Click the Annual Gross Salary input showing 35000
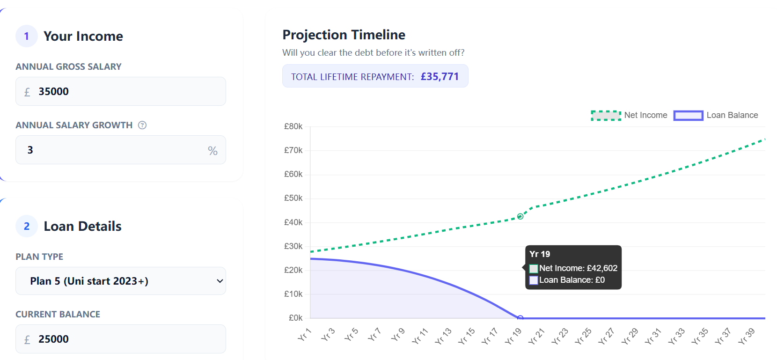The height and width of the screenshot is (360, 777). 121,91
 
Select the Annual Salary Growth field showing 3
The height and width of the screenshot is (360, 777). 112,150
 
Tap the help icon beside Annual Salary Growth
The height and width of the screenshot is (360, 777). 142,125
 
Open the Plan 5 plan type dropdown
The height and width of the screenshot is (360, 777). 121,281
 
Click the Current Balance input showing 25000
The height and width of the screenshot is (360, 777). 121,339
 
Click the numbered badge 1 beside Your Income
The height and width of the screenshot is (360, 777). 27,36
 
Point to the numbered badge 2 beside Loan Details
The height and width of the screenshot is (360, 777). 27,226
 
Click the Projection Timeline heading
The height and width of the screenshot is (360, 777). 344,35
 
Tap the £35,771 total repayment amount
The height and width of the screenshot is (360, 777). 440,76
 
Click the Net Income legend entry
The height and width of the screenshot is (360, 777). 629,115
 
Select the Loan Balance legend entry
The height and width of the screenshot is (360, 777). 716,115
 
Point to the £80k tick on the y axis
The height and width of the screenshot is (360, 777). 293,126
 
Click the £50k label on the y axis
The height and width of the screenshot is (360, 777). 293,198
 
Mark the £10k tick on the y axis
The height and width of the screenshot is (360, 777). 293,294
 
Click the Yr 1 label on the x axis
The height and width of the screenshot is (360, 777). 304,335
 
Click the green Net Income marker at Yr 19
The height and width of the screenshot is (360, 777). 520,216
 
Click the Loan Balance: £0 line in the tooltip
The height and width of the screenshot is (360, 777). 572,280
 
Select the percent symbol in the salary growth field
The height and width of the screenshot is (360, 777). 213,151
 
